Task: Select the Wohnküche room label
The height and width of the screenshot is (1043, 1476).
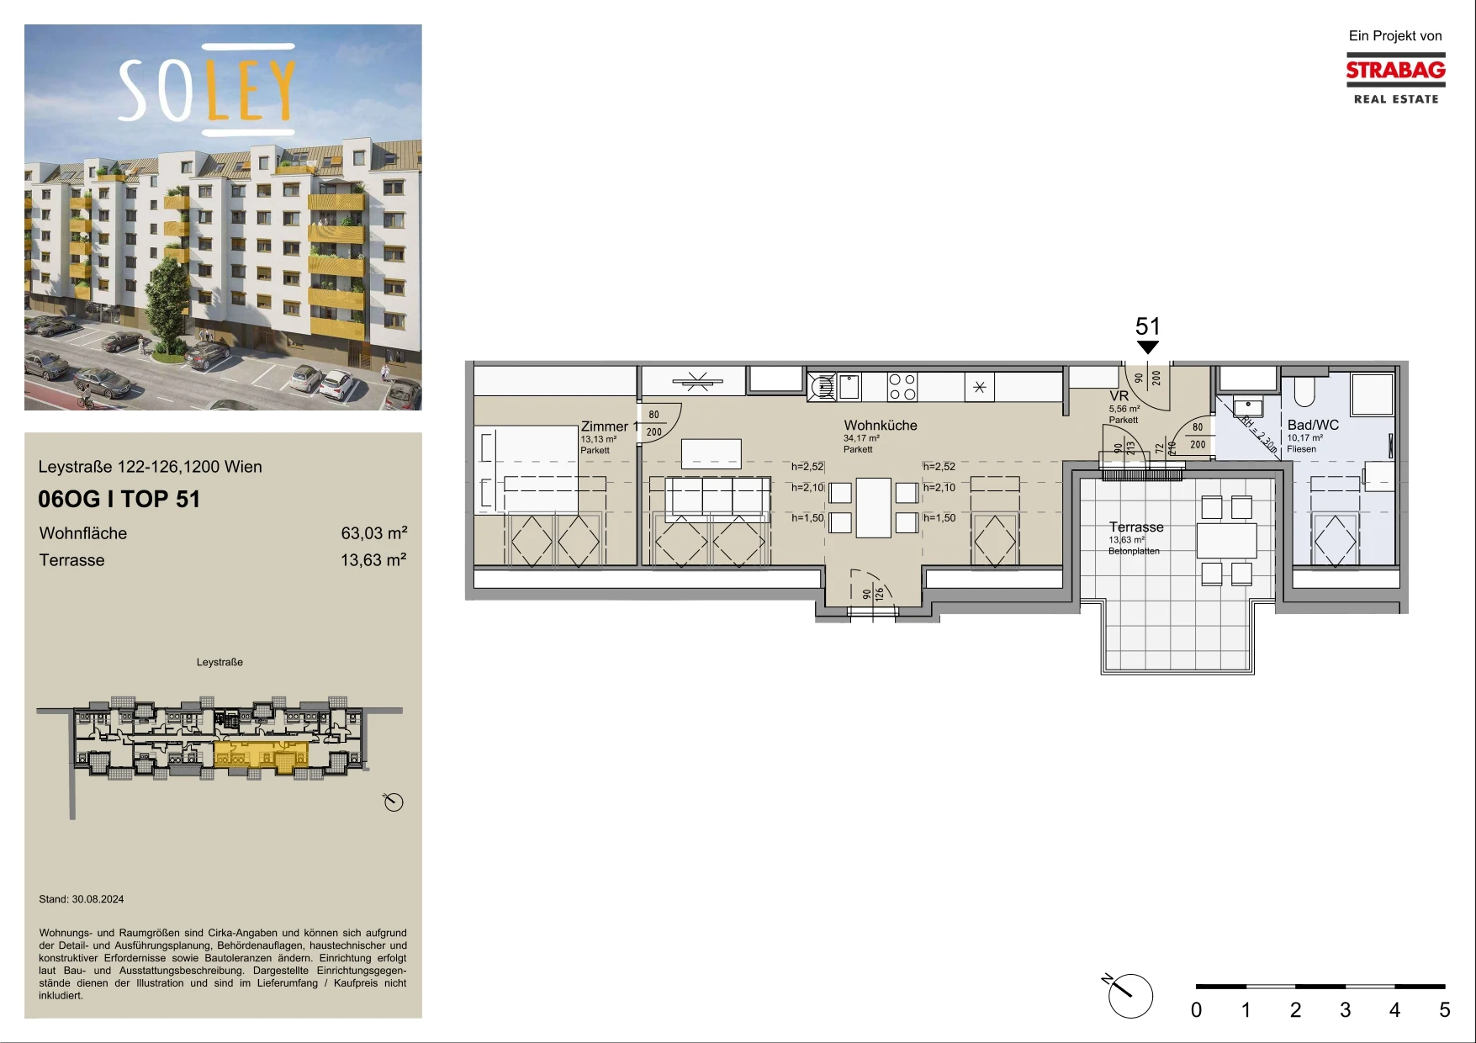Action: [881, 426]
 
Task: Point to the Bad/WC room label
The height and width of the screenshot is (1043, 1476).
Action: [1313, 426]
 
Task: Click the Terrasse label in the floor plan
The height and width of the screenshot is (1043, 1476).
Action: [1136, 527]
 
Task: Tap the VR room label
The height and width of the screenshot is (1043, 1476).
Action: [1119, 396]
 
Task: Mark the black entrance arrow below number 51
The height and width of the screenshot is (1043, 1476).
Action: [1148, 347]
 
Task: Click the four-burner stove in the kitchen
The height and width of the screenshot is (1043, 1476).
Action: [902, 387]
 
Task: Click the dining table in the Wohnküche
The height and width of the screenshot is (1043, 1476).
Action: [874, 507]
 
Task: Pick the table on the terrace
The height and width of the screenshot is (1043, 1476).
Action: [1227, 541]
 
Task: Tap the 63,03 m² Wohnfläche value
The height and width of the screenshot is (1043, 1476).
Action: [374, 533]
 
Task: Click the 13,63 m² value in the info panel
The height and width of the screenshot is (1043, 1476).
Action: [374, 560]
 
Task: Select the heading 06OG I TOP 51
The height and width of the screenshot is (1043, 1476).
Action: [119, 500]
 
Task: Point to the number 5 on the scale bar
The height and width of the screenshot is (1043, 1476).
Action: [1445, 1010]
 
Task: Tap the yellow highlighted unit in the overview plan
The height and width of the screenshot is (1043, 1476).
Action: [261, 755]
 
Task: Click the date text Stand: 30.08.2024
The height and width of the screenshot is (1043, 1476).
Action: [82, 899]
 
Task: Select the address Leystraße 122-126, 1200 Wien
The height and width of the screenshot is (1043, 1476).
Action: [151, 467]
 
